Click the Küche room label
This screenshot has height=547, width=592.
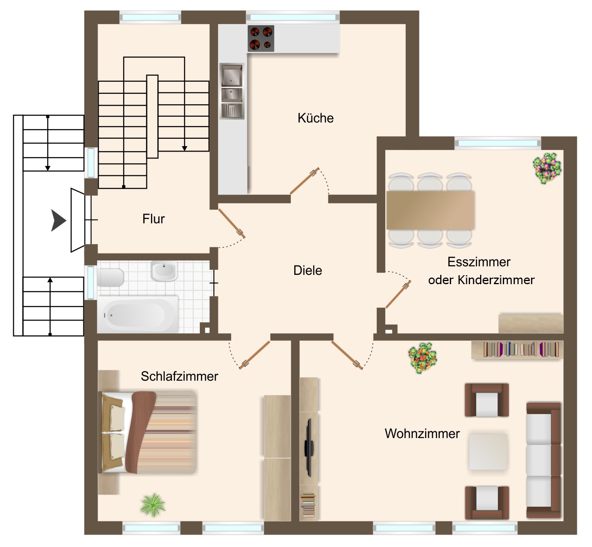(316, 118)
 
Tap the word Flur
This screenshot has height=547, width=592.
(154, 219)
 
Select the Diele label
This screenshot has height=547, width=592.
(308, 270)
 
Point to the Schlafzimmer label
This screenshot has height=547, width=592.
(179, 376)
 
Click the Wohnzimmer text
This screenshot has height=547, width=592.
(422, 433)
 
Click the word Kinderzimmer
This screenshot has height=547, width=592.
(496, 280)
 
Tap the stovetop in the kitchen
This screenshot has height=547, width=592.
(261, 38)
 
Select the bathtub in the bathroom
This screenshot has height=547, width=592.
(137, 314)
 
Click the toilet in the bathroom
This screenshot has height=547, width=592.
(110, 277)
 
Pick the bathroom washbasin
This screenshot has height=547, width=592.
(164, 271)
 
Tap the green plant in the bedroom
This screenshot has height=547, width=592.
(153, 505)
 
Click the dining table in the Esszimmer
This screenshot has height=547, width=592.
(430, 210)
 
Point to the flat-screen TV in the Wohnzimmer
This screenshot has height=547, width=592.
(309, 448)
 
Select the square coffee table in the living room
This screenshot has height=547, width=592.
(488, 452)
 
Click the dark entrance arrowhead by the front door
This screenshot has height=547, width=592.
(58, 221)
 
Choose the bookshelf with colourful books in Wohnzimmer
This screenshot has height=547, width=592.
(517, 350)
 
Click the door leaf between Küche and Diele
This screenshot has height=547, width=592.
(304, 181)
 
